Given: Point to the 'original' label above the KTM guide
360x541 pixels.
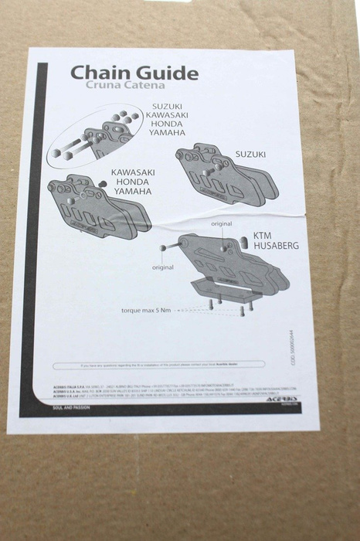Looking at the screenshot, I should point(223,223).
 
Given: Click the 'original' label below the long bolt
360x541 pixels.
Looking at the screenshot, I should point(163,267).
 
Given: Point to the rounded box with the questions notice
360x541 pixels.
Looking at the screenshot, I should point(159,363).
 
